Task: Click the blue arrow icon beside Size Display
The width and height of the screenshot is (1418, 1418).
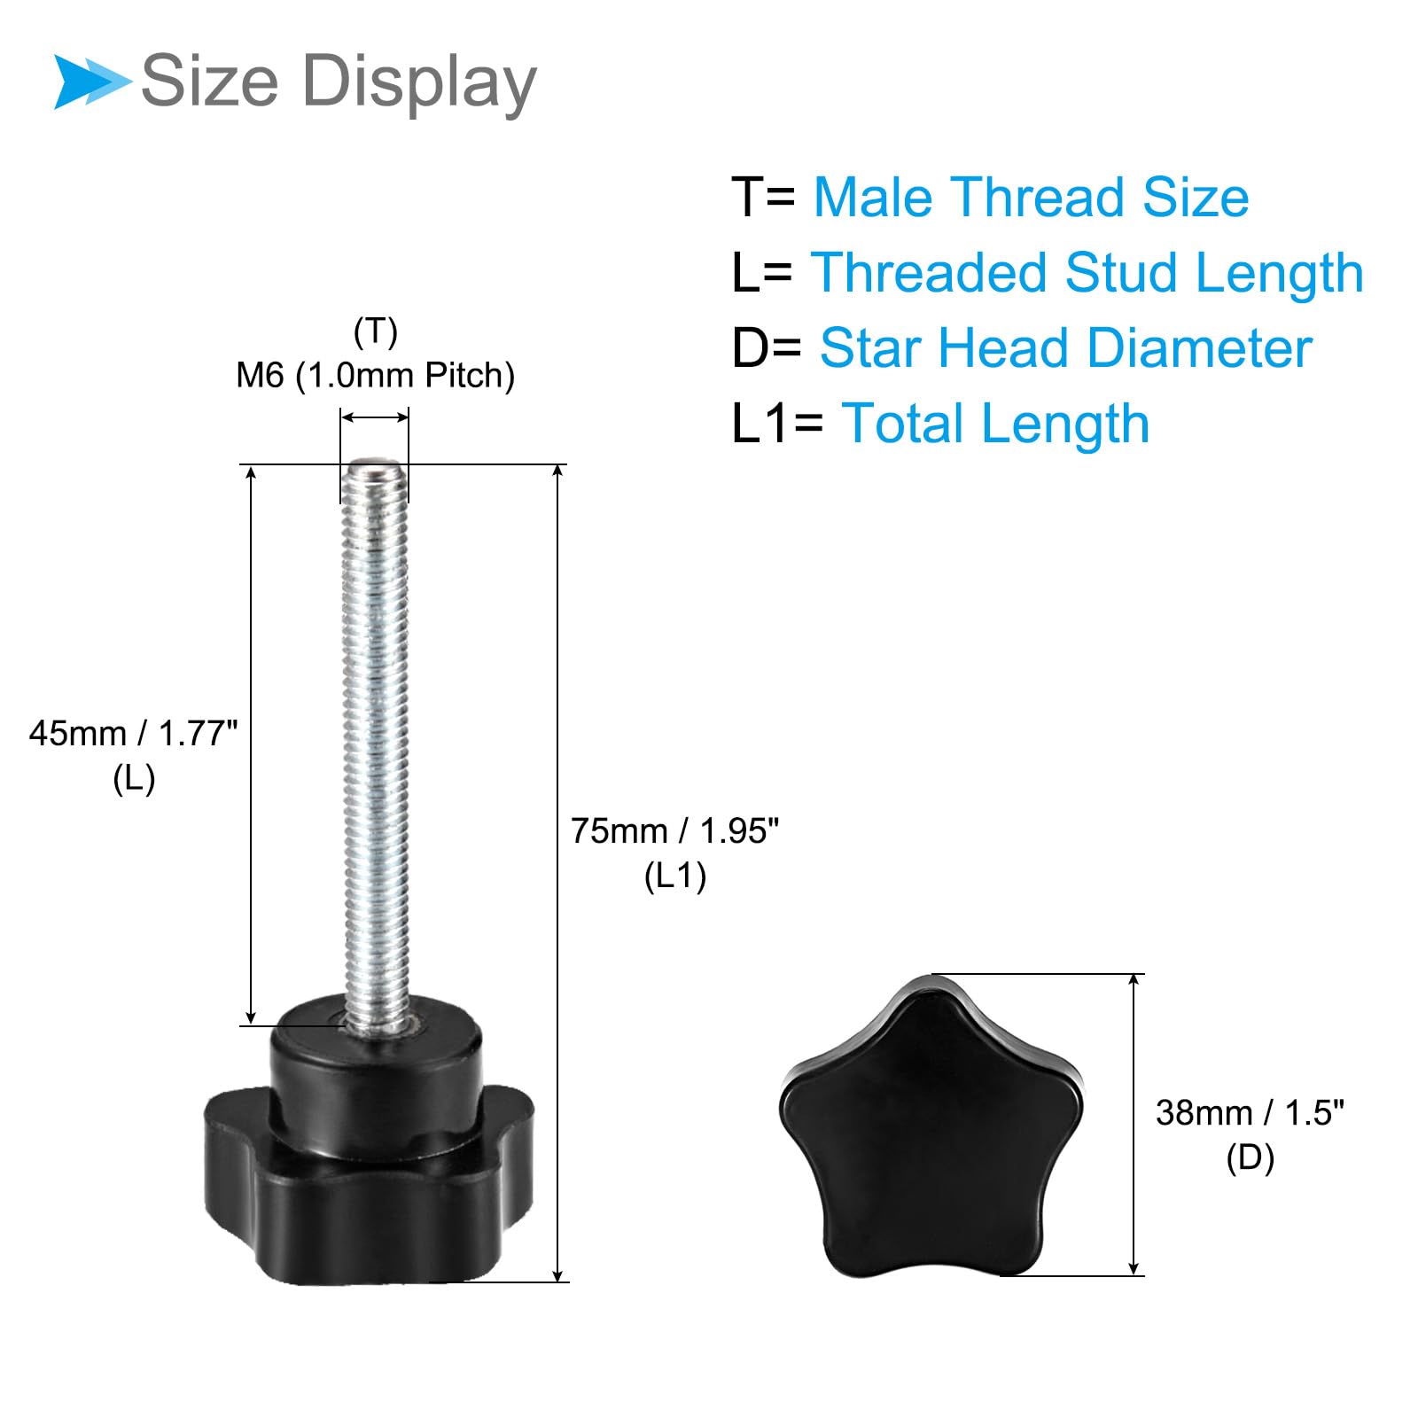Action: pos(93,82)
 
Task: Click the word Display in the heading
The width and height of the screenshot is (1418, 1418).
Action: pos(419,82)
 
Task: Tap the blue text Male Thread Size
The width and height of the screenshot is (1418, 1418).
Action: pos(1032,197)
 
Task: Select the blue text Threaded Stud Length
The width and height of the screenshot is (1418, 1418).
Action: pos(1087,272)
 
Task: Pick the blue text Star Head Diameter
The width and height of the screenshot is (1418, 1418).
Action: pos(1065,347)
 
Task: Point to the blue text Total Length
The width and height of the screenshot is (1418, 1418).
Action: pos(995,423)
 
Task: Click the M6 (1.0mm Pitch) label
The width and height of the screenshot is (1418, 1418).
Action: pos(375,376)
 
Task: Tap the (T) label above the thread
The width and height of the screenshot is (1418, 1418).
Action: pos(375,332)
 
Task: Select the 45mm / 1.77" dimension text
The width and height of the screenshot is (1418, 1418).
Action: pos(134,734)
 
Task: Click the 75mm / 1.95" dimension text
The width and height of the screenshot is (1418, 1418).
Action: pos(675,831)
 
